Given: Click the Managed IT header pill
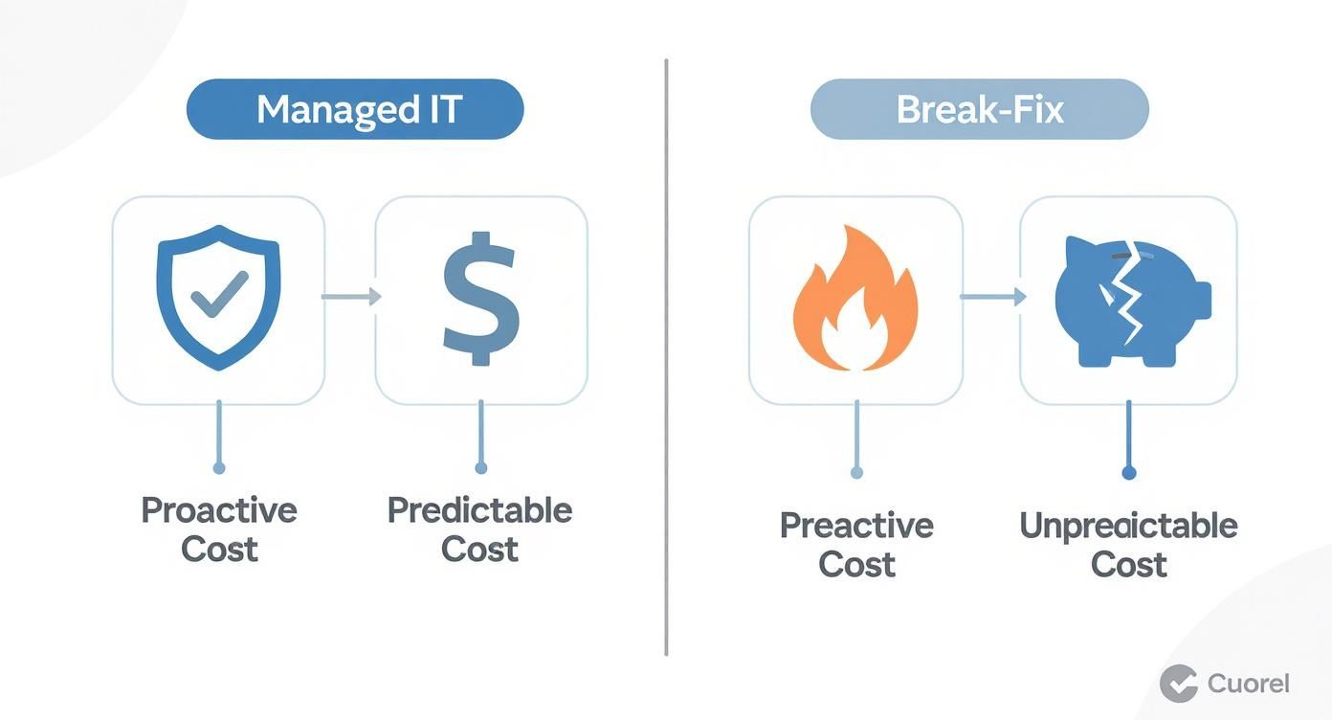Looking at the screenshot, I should click(355, 109).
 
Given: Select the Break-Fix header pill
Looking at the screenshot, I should click(979, 109).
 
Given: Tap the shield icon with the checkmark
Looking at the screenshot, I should click(218, 297).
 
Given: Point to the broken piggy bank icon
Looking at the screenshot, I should click(1131, 300).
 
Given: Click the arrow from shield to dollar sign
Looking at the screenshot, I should click(350, 297).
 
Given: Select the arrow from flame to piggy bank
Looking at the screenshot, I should click(991, 298).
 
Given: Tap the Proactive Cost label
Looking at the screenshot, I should click(219, 529).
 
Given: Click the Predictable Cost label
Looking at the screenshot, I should click(480, 529).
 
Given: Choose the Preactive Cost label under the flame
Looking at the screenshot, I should click(856, 544).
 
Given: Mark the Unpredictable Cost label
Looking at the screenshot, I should click(1129, 544).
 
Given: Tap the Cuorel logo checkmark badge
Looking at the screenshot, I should click(1179, 684).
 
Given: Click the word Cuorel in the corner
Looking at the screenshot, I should click(1249, 684).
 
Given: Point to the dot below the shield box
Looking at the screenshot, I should click(219, 468).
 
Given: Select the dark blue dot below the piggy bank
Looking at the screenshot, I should click(1129, 473).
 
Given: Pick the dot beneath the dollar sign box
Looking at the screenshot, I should click(480, 468).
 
